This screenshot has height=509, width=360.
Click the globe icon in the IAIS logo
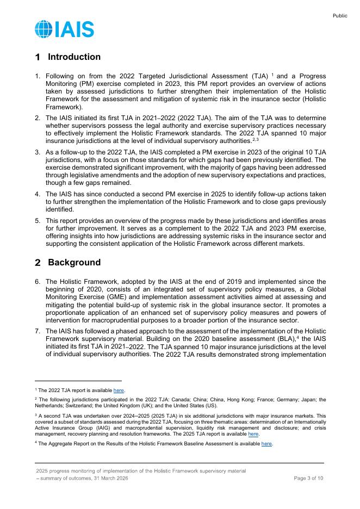[x=44, y=29]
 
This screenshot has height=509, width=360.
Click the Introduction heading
[x=74, y=57]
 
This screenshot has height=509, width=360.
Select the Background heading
[x=74, y=263]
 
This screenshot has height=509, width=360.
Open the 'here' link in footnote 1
[x=119, y=390]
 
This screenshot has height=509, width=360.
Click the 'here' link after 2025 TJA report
[x=253, y=434]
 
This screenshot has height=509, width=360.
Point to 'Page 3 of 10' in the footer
[x=308, y=478]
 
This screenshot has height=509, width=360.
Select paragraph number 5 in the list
[x=38, y=221]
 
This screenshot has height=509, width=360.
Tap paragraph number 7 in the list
[x=38, y=331]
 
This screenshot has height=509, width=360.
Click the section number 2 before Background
[x=38, y=263]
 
